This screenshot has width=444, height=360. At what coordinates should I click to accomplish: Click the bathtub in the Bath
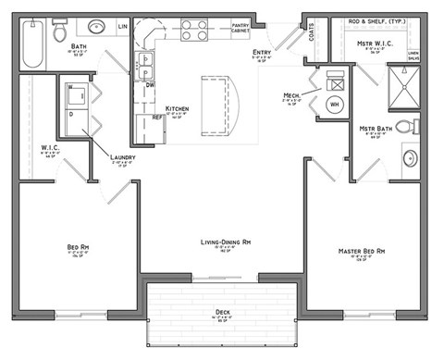(x=33, y=45)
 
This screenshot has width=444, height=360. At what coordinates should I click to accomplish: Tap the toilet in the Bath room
(x=60, y=32)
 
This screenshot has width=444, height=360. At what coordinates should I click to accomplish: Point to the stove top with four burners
(x=193, y=31)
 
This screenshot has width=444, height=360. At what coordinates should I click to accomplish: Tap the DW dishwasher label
(x=150, y=84)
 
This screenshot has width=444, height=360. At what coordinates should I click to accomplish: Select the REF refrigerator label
(x=157, y=118)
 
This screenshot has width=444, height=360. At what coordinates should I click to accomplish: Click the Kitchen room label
(x=177, y=109)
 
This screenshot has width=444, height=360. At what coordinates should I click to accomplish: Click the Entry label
(x=262, y=53)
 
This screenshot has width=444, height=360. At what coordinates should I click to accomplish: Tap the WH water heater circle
(x=335, y=105)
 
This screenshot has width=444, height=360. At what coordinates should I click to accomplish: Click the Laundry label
(x=122, y=157)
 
